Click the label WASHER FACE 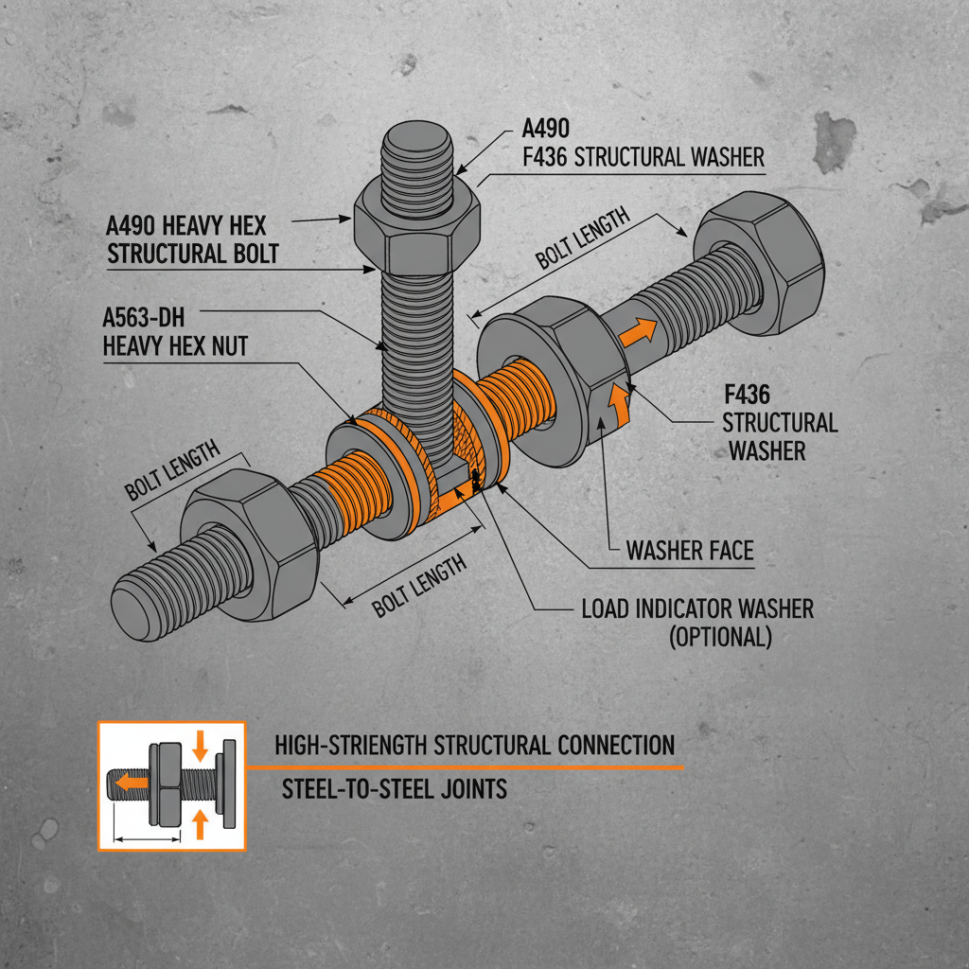point(690,550)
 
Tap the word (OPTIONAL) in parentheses point(720,637)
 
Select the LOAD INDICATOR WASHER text point(696,608)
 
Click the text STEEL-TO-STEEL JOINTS point(395,787)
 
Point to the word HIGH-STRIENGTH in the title point(350,745)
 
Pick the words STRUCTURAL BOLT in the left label point(193,254)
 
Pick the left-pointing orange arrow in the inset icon point(131,783)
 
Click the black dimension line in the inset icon point(147,837)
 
